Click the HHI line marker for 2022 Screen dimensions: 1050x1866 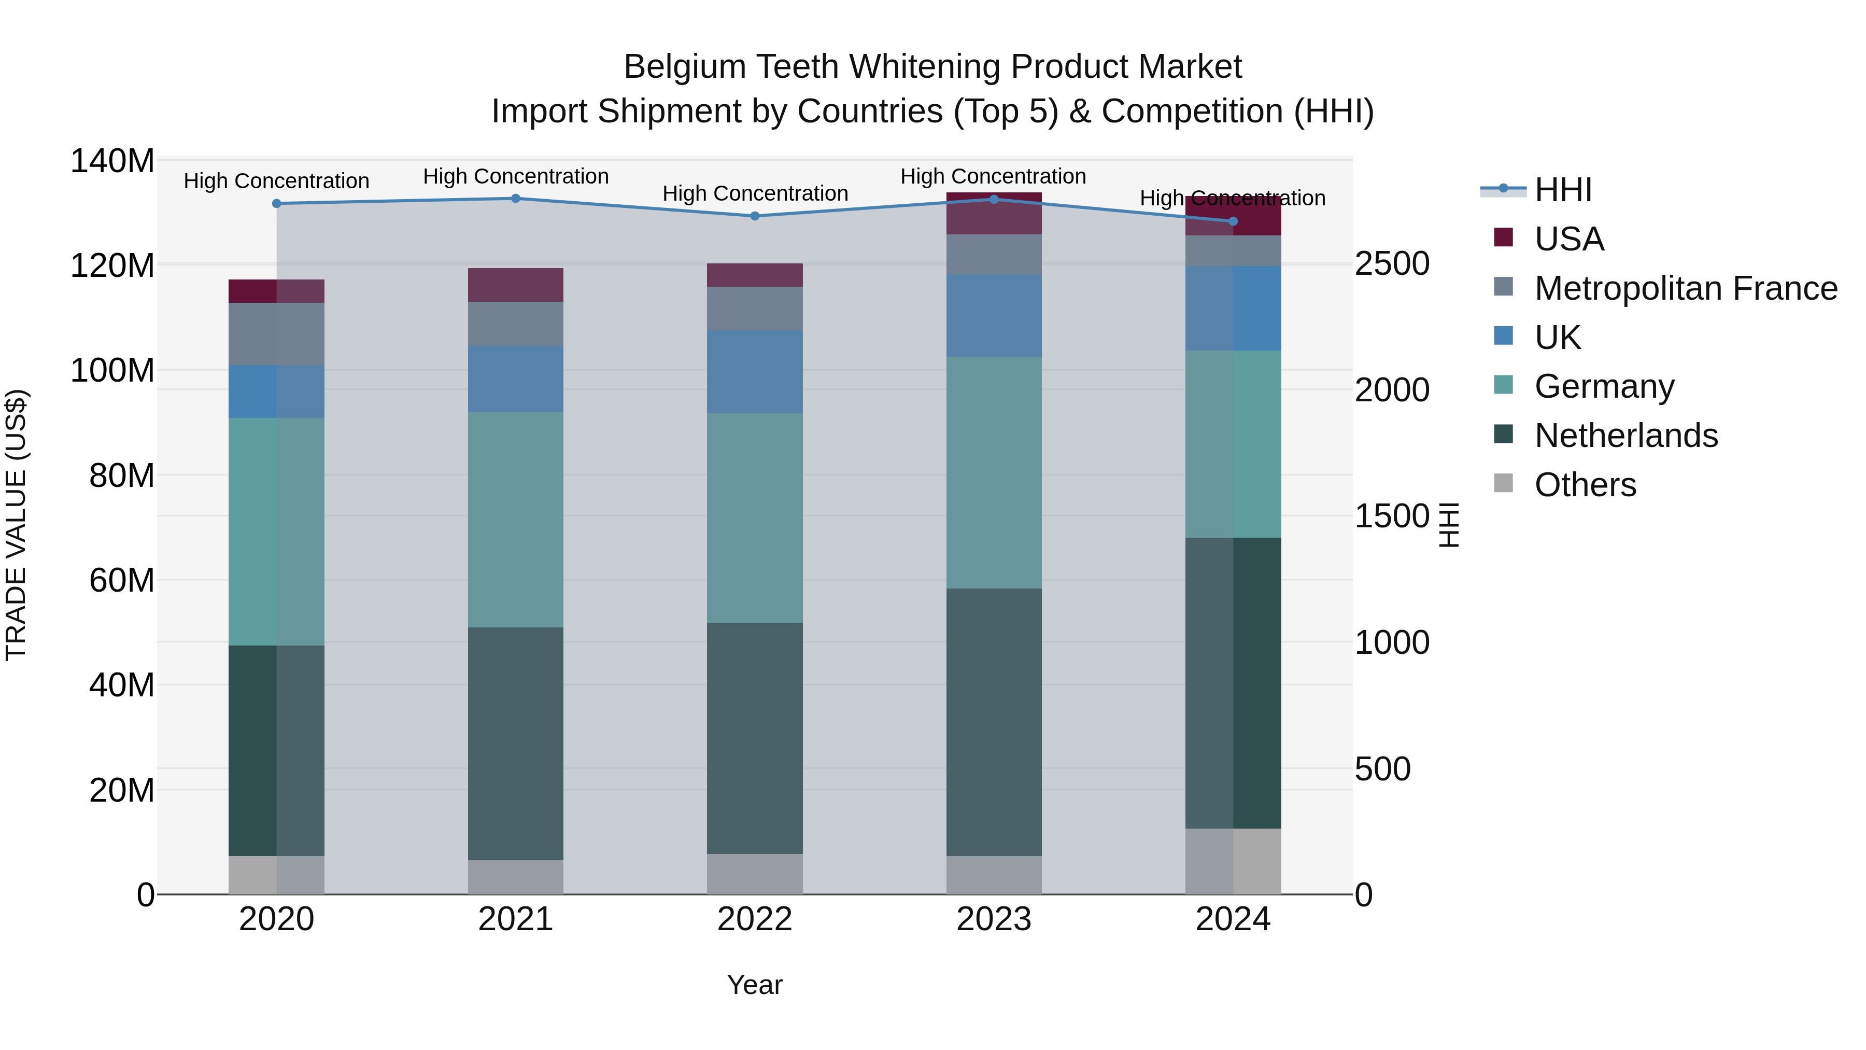click(x=755, y=216)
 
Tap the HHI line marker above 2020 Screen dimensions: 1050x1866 click(x=277, y=204)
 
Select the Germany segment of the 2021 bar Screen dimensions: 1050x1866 click(x=516, y=520)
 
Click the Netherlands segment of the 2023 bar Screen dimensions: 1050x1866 click(x=994, y=722)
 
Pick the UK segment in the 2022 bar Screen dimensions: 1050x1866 click(x=755, y=372)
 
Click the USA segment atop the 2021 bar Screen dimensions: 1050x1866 click(x=516, y=285)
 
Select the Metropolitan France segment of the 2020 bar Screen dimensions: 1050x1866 click(x=277, y=334)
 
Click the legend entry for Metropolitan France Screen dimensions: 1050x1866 click(x=1686, y=288)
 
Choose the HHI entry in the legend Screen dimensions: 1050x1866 click(x=1563, y=190)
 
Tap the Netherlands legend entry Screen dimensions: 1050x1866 click(x=1625, y=436)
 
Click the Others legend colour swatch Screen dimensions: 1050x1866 click(x=1504, y=483)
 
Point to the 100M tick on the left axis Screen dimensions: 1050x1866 click(x=112, y=370)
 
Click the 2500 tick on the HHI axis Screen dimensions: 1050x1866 click(x=1392, y=264)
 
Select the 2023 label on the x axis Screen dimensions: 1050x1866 click(x=994, y=919)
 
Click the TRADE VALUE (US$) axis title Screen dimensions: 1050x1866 click(x=16, y=525)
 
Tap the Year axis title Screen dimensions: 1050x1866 click(x=755, y=985)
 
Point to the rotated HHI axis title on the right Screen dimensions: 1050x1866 click(x=1448, y=525)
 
